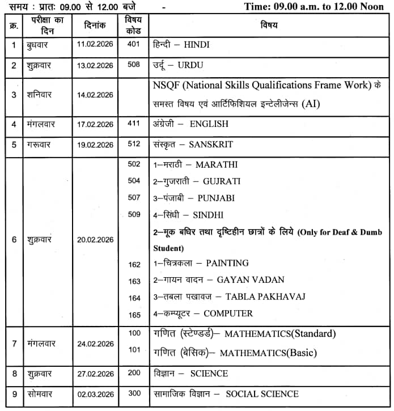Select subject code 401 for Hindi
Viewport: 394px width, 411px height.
134,44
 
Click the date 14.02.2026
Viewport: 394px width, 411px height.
95,95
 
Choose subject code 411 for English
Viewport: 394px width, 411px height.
134,123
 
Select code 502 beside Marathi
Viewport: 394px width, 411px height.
134,164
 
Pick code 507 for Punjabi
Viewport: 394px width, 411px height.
134,198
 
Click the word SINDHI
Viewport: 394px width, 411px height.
208,215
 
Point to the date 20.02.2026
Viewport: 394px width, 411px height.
95,239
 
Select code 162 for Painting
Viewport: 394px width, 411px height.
134,264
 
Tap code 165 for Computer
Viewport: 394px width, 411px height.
134,314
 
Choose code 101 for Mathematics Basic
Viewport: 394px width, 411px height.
134,350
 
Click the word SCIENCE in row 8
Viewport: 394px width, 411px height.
209,374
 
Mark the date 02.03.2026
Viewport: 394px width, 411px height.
95,395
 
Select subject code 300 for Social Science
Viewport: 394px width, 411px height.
134,393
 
